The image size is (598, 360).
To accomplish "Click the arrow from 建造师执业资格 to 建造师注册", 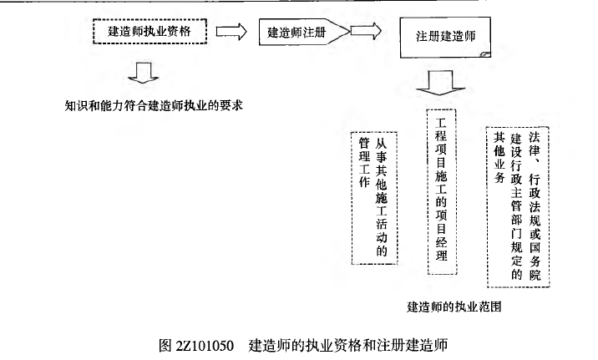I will pos(231,32).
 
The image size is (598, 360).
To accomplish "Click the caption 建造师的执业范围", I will pos(454,307).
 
